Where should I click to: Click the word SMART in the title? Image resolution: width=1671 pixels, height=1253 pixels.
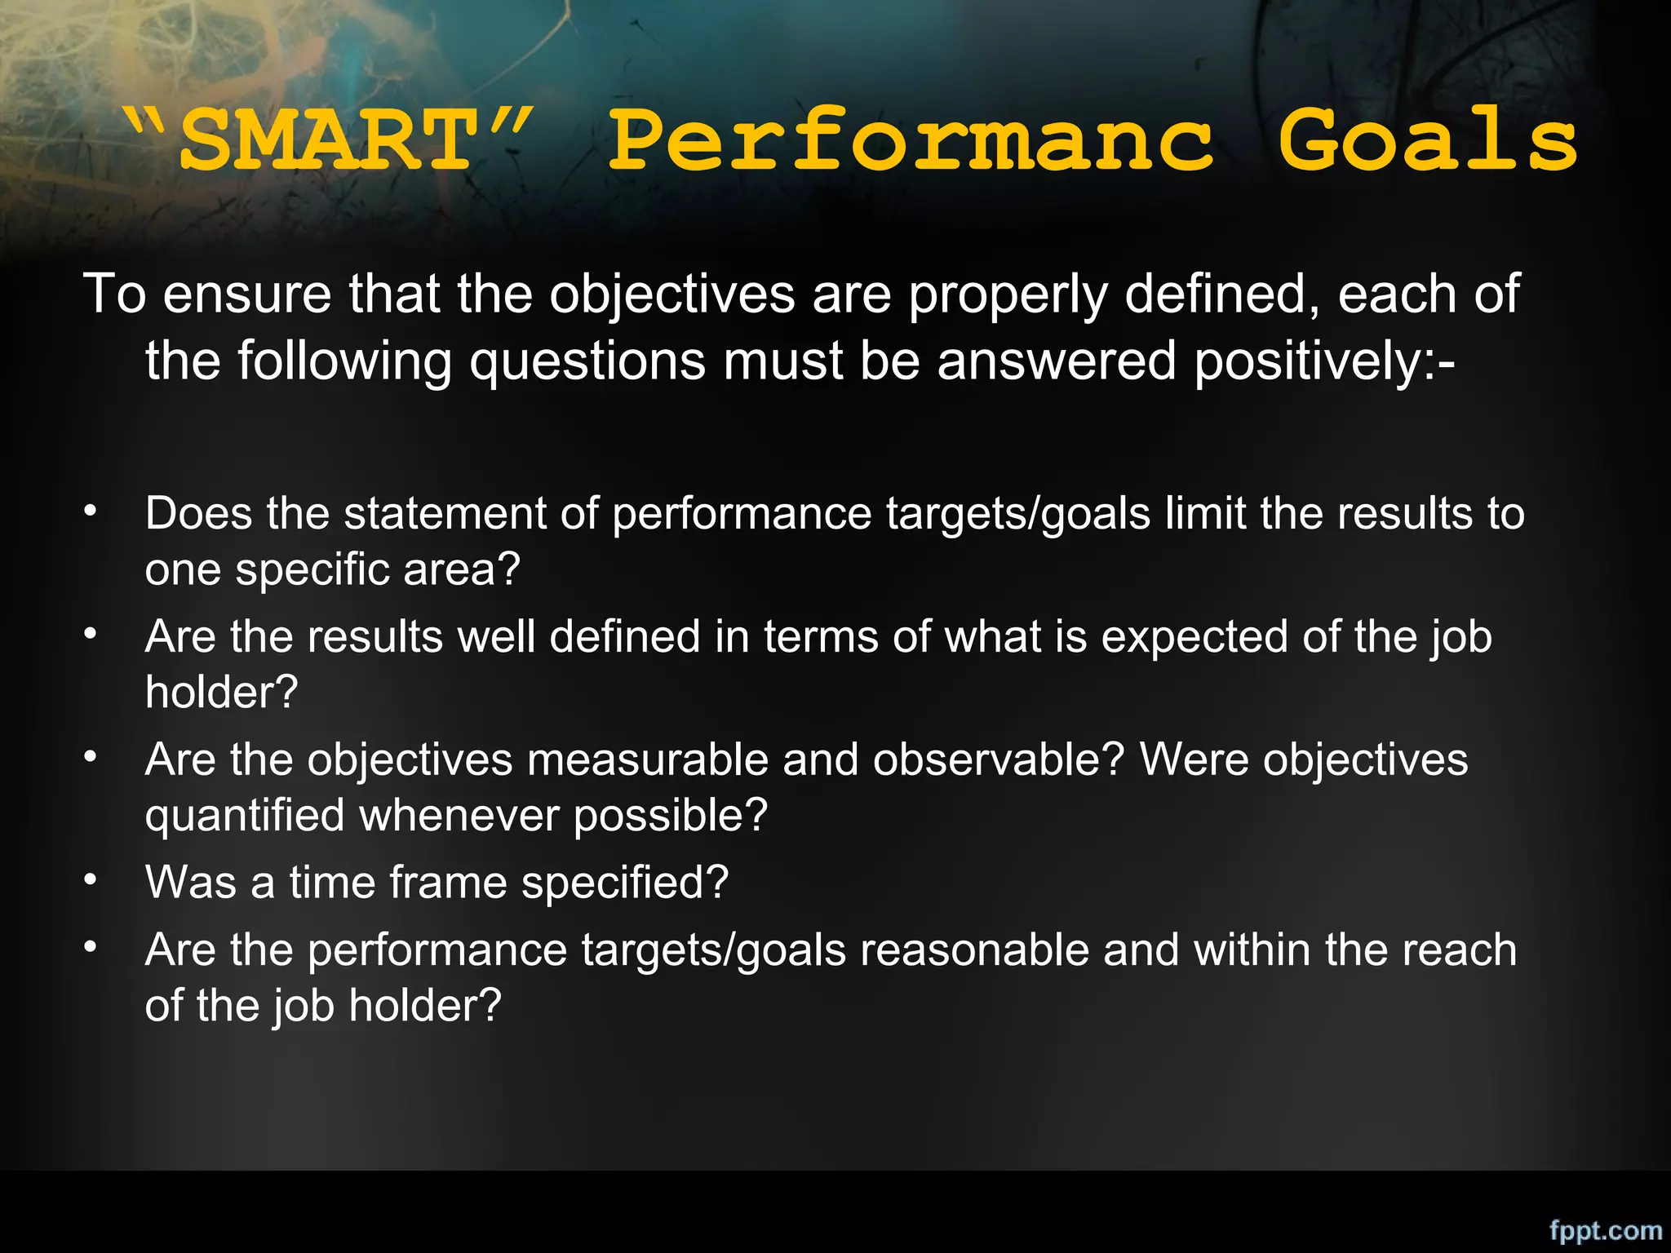[326, 140]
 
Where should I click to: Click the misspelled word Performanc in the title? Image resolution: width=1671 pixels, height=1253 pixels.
[911, 140]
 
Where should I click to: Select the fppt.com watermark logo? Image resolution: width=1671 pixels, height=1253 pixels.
[1605, 1229]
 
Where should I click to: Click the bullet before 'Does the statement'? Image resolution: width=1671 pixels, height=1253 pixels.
[91, 511]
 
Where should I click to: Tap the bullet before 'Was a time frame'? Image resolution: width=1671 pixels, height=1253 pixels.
[91, 880]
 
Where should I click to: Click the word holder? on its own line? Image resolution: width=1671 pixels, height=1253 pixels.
[221, 692]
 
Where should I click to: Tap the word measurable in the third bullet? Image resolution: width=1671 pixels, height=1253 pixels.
[648, 759]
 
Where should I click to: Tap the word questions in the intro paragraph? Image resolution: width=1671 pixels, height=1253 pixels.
[587, 361]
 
